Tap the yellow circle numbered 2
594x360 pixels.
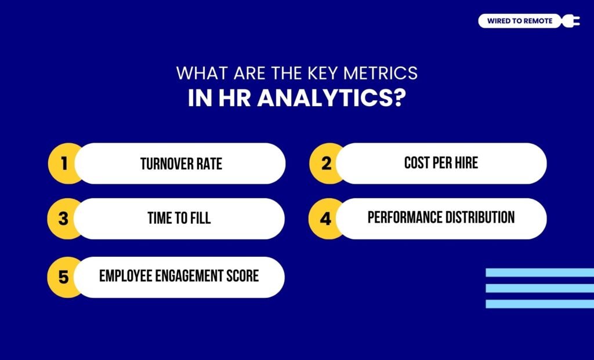pos(325,163)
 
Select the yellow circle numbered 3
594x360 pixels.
pos(63,219)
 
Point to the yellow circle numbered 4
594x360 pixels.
pos(325,219)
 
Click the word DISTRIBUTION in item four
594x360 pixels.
pos(480,217)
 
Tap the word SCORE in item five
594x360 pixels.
pos(243,276)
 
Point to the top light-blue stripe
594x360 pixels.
pos(539,272)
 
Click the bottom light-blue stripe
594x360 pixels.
pos(539,303)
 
